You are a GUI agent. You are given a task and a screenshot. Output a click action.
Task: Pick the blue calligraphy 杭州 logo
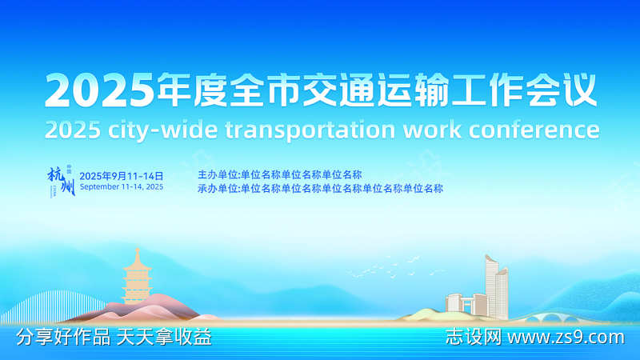[61, 182]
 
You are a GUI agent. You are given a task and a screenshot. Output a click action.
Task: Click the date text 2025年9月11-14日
[122, 175]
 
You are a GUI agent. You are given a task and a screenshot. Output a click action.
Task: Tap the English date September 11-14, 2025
[122, 186]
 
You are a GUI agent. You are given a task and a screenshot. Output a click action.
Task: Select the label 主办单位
[217, 174]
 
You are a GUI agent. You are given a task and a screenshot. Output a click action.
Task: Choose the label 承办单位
[217, 189]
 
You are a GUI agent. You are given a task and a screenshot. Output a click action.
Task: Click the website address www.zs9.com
[566, 338]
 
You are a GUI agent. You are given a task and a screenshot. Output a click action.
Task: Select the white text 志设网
[473, 338]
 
